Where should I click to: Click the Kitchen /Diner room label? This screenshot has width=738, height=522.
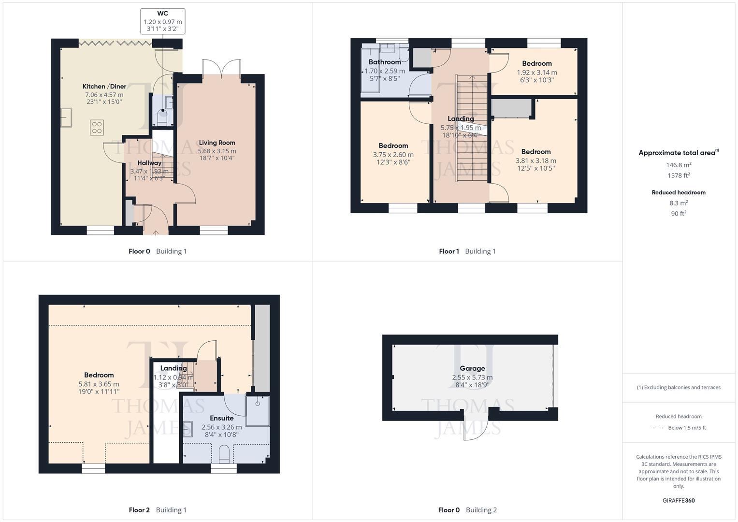(x=104, y=87)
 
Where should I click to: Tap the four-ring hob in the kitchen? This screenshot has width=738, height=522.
(x=97, y=127)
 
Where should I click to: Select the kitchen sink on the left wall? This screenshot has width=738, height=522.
(x=66, y=118)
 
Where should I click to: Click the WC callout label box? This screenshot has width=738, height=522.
(x=163, y=21)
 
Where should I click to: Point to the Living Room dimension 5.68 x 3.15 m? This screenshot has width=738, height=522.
(x=217, y=151)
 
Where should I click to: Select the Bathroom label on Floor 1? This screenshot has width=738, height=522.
(x=385, y=62)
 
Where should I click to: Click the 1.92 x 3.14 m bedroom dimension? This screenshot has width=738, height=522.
(x=536, y=72)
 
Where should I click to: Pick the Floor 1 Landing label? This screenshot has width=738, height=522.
(x=461, y=118)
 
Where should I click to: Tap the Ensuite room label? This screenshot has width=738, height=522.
(x=221, y=418)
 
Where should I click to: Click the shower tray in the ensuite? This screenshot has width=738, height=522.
(x=258, y=410)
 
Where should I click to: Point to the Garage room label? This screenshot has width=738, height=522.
(x=472, y=368)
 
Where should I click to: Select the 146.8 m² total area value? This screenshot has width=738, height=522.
(x=679, y=165)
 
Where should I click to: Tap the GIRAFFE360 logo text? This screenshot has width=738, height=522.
(x=679, y=500)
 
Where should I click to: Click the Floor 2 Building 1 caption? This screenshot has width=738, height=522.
(x=158, y=510)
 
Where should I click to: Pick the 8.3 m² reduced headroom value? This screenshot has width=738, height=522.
(x=679, y=203)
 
